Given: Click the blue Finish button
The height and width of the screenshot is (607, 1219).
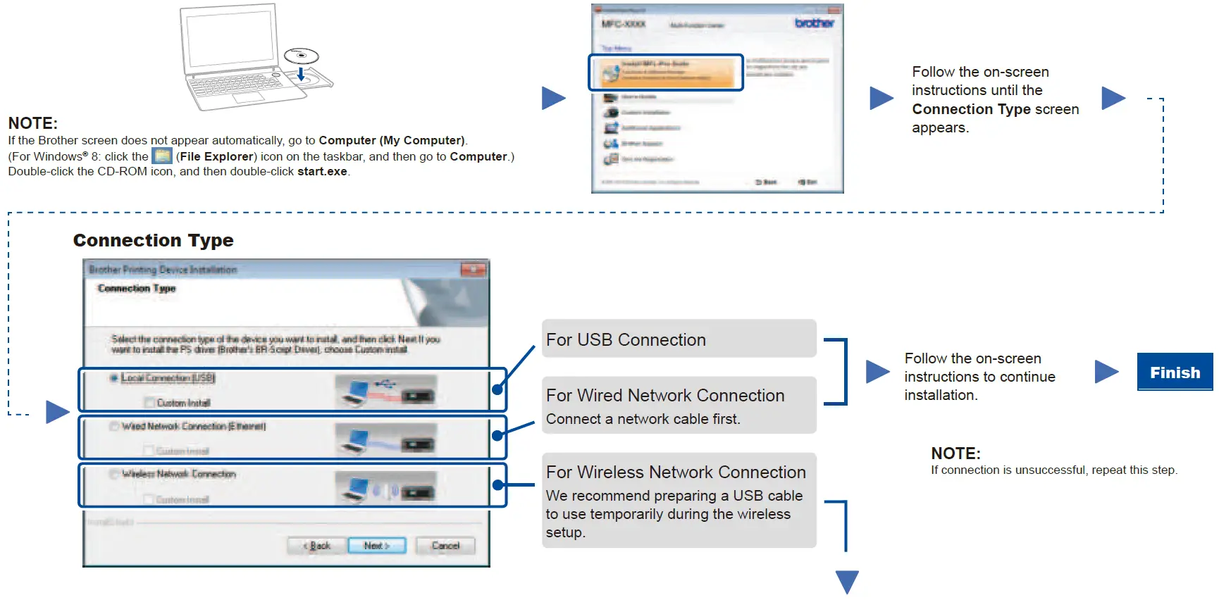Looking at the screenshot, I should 1175,372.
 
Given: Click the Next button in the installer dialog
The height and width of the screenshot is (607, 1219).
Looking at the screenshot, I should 377,546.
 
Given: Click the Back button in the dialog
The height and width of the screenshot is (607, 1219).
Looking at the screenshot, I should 317,546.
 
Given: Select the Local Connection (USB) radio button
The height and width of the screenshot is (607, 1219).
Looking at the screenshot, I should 113,378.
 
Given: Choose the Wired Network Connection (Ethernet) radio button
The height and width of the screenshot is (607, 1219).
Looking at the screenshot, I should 113,426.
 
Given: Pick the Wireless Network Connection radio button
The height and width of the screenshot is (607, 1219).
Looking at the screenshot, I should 113,474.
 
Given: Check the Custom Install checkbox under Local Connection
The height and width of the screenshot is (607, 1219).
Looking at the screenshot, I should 149,403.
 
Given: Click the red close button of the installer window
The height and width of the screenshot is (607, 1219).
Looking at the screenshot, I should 473,270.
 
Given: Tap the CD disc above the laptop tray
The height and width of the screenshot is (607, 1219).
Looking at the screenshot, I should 301,56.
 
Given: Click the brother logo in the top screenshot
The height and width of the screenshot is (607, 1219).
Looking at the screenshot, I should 814,23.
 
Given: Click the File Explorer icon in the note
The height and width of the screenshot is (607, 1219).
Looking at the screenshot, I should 162,156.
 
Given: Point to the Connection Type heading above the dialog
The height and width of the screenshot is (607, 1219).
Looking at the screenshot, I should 153,240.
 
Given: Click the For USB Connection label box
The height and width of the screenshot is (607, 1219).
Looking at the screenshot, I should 679,339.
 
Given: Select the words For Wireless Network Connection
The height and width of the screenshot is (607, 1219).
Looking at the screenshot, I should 676,472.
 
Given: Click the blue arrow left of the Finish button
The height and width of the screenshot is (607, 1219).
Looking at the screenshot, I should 1106,371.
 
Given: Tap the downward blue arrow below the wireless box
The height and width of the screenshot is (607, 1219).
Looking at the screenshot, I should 847,582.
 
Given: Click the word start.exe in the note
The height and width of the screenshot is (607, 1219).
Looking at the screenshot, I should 322,171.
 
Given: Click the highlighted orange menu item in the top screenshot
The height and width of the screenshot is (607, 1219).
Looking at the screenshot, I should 666,73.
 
